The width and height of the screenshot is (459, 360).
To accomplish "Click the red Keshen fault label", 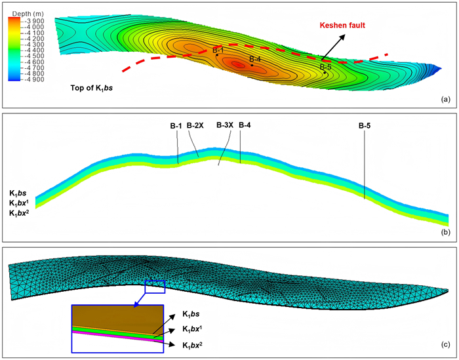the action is click(342, 25).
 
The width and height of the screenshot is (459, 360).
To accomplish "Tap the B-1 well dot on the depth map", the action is click(217, 55).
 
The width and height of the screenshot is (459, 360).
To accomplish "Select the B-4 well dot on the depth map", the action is click(252, 65).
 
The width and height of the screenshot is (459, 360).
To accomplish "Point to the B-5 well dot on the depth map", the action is click(325, 73).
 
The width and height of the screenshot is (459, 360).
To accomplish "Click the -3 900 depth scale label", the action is click(34, 21).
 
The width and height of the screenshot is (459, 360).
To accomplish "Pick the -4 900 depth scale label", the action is click(34, 79).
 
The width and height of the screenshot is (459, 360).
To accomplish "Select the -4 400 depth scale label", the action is click(34, 50).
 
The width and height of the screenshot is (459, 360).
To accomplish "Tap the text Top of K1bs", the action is click(92, 88).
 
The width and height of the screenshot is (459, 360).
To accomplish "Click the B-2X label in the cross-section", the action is click(195, 125).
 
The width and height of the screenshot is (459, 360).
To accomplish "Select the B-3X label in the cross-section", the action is click(225, 125).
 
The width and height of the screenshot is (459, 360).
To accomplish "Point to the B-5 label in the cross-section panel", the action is click(365, 126).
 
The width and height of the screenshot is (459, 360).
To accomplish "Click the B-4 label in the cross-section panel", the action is click(245, 125).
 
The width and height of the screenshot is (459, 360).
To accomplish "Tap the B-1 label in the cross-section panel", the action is click(176, 126).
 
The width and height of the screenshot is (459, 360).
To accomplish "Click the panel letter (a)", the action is click(445, 100).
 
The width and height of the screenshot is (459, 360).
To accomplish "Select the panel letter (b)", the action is click(445, 233).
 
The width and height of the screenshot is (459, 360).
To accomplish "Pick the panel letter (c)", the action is click(445, 345).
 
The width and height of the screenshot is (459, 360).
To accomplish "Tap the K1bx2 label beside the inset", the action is click(192, 345).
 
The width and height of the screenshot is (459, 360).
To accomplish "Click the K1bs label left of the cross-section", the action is click(18, 193).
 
